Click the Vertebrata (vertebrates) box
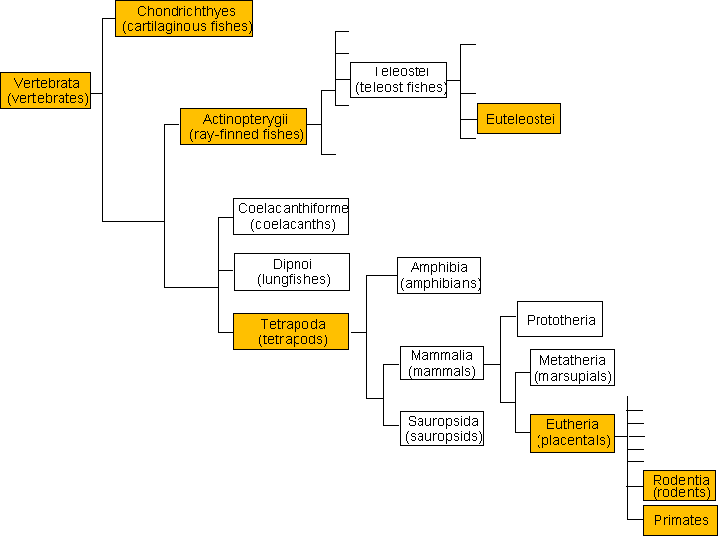tap(46, 90)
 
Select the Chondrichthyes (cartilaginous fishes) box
tap(183, 18)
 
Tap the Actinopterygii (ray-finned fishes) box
tap(244, 126)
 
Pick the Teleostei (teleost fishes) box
tap(399, 79)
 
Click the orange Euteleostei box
tap(520, 119)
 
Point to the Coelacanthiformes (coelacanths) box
tap(292, 216)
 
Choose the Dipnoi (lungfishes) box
tap(293, 272)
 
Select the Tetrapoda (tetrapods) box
tap(292, 332)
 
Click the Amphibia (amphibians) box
tap(438, 275)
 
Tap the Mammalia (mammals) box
tap(442, 363)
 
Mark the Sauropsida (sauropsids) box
tap(442, 429)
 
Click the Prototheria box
tap(559, 319)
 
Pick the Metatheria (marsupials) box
tap(572, 368)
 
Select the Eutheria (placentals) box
tap(572, 434)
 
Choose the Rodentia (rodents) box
tap(679, 485)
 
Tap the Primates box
tap(679, 521)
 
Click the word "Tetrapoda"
tap(294, 324)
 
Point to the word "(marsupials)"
tap(573, 376)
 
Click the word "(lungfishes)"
tap(294, 280)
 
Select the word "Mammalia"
tap(442, 355)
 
